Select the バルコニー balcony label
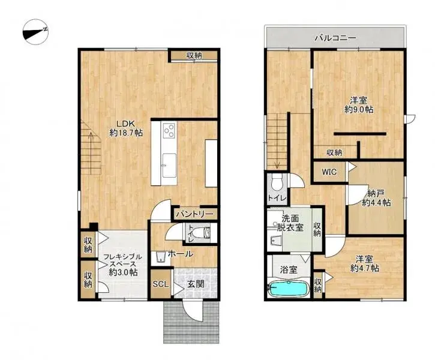336,38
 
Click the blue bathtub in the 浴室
288,289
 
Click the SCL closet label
160,284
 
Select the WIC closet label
329,172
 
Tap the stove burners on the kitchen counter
168,130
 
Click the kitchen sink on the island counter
169,161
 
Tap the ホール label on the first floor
180,254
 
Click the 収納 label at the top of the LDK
193,55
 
